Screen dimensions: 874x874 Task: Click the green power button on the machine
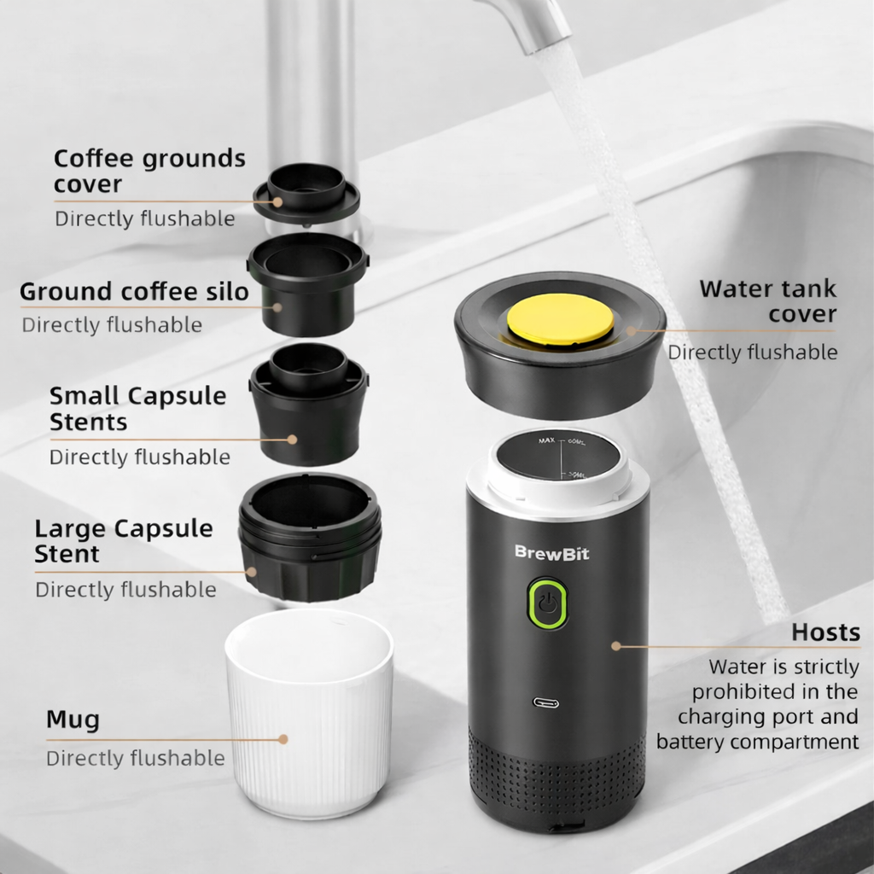pyautogui.click(x=548, y=603)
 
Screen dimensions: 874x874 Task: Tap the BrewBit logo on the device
pyautogui.click(x=551, y=552)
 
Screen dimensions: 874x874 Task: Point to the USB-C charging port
pyautogui.click(x=545, y=702)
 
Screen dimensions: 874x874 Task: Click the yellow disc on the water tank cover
pyautogui.click(x=560, y=318)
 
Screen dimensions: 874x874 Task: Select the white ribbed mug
pyautogui.click(x=309, y=714)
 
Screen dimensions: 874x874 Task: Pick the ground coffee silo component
pyautogui.click(x=308, y=284)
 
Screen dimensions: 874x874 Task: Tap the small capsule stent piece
pyautogui.click(x=308, y=404)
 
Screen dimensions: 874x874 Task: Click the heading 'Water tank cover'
pyautogui.click(x=768, y=301)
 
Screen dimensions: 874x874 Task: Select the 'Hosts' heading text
pyautogui.click(x=825, y=632)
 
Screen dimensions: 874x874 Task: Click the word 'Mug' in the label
pyautogui.click(x=73, y=720)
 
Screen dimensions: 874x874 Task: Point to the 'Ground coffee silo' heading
pyautogui.click(x=134, y=292)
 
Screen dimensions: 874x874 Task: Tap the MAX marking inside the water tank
pyautogui.click(x=547, y=440)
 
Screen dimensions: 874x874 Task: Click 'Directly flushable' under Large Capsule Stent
pyautogui.click(x=126, y=590)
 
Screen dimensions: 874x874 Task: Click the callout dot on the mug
pyautogui.click(x=283, y=739)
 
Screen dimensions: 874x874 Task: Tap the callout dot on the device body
pyautogui.click(x=616, y=646)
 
